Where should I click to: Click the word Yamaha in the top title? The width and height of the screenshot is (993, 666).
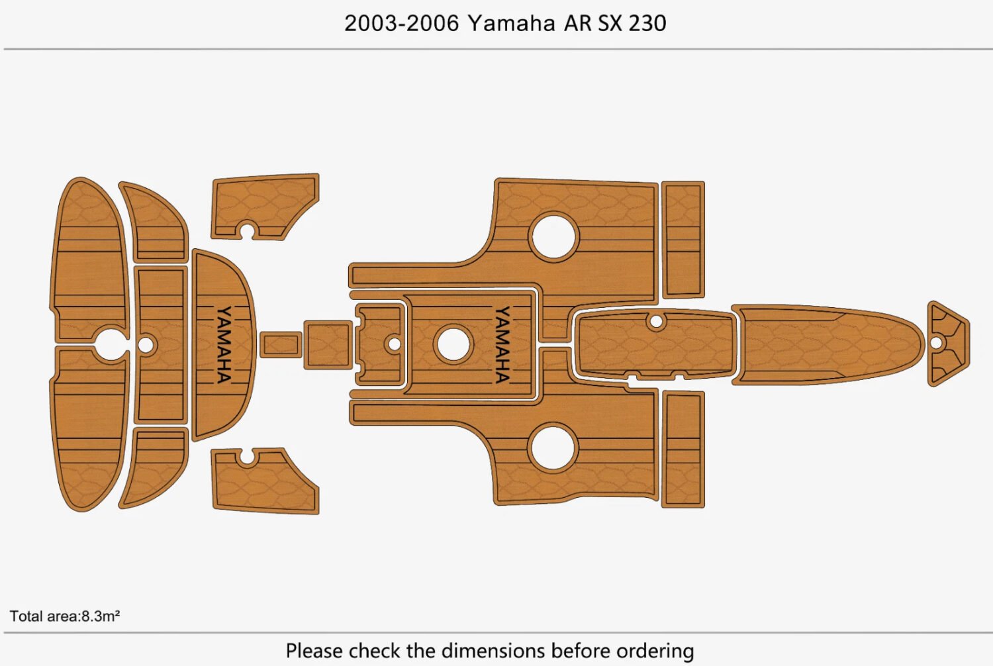pyautogui.click(x=511, y=23)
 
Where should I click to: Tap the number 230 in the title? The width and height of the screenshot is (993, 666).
pyautogui.click(x=647, y=23)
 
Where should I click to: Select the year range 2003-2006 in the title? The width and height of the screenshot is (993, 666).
pyautogui.click(x=401, y=23)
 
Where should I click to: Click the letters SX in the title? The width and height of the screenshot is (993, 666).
pyautogui.click(x=609, y=23)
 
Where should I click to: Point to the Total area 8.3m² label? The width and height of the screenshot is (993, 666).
pyautogui.click(x=65, y=616)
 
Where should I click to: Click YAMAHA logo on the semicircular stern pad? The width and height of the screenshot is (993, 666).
pyautogui.click(x=224, y=344)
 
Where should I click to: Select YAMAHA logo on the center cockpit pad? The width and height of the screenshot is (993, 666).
pyautogui.click(x=502, y=344)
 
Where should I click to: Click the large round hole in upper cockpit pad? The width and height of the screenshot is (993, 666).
pyautogui.click(x=553, y=236)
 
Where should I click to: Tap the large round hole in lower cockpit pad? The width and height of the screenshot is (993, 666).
pyautogui.click(x=553, y=448)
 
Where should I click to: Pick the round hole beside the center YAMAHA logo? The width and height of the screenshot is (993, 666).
pyautogui.click(x=453, y=344)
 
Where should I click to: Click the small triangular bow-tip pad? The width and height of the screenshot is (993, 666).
pyautogui.click(x=948, y=344)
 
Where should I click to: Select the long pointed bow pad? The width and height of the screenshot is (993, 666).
pyautogui.click(x=827, y=344)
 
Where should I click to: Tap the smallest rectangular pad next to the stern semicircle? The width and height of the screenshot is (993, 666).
pyautogui.click(x=280, y=344)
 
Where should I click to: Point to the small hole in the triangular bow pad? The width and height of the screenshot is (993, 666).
pyautogui.click(x=935, y=343)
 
